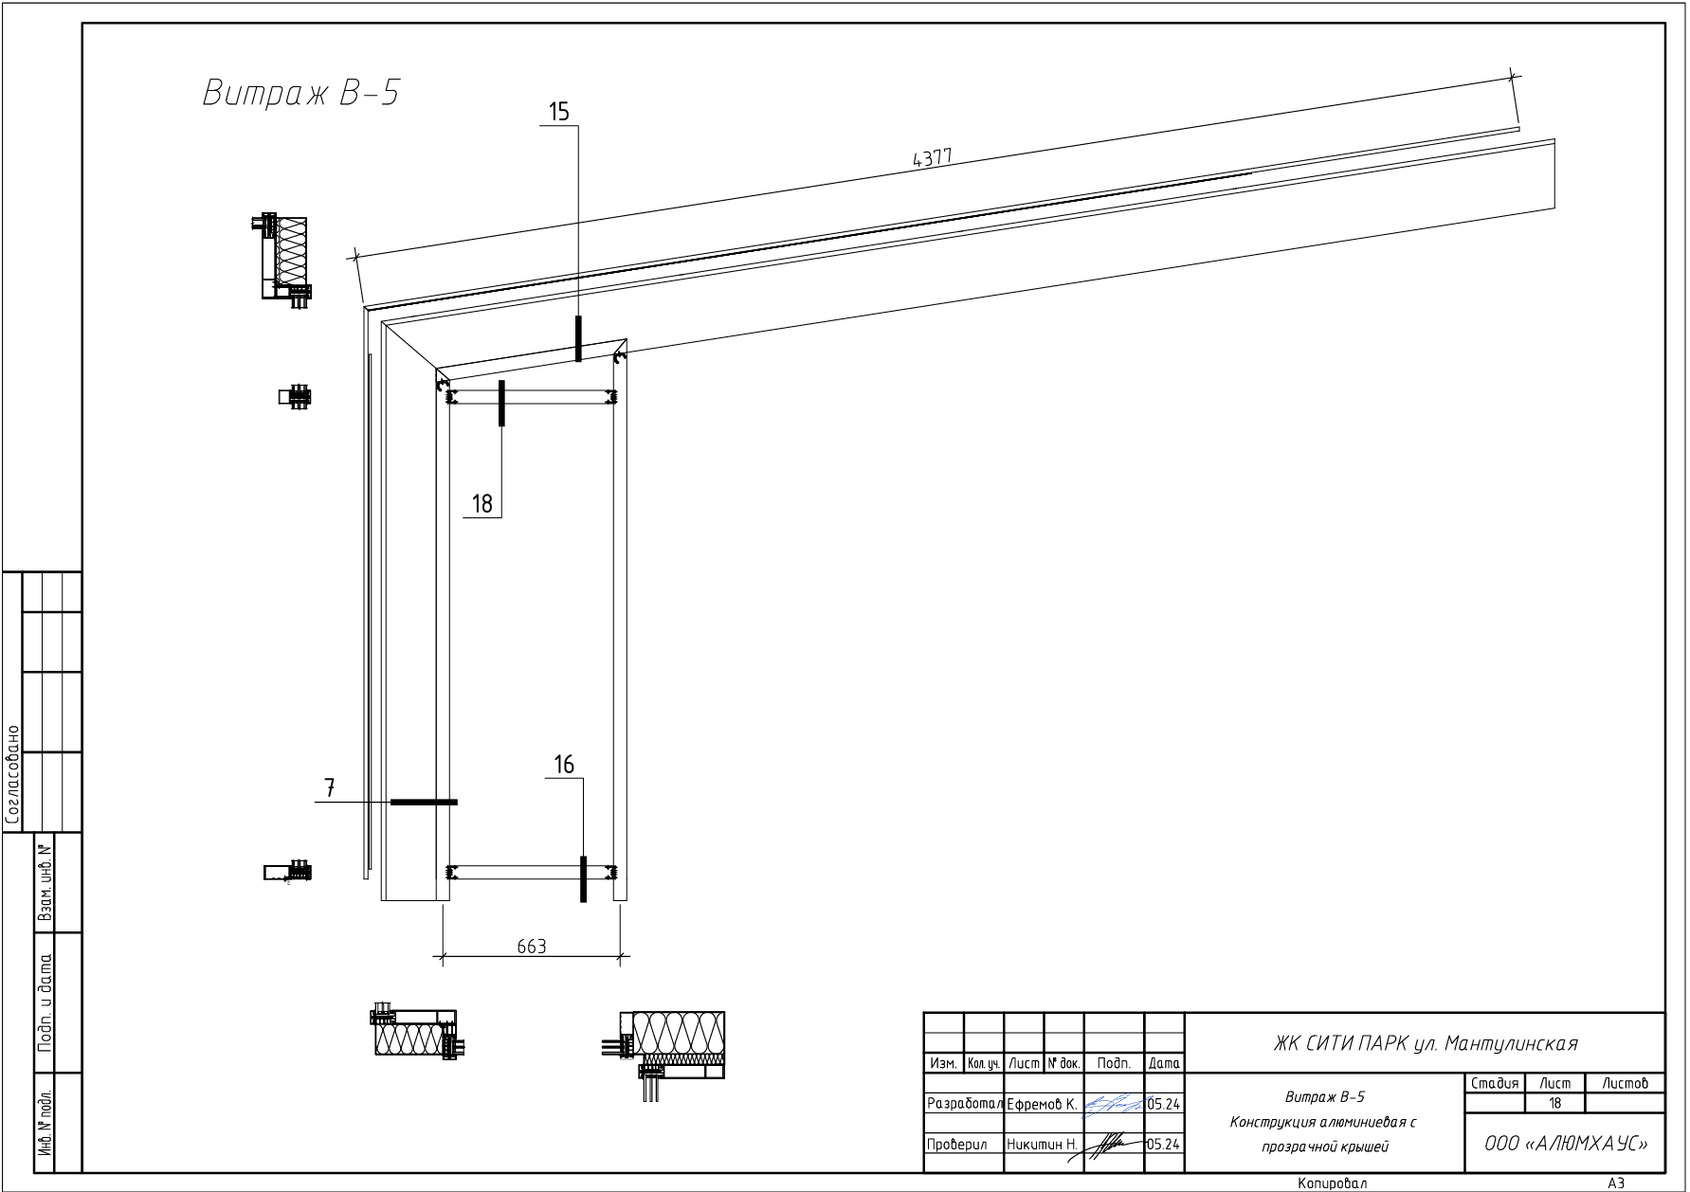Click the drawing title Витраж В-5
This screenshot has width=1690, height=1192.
click(x=300, y=94)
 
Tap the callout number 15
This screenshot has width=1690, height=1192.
click(x=559, y=113)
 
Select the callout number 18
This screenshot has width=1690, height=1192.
click(x=482, y=504)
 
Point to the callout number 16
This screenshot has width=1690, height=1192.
click(x=564, y=765)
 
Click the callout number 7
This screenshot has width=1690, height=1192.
click(x=330, y=788)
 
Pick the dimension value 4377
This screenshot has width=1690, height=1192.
click(x=932, y=158)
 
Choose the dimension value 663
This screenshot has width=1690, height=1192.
click(x=532, y=947)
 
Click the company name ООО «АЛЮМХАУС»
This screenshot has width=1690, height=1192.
click(x=1565, y=1144)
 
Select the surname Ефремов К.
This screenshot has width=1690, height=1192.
click(x=1041, y=1105)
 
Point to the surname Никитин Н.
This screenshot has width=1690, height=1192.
click(x=1042, y=1145)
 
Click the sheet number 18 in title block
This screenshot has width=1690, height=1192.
click(x=1554, y=1104)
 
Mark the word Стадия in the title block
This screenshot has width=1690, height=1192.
click(x=1495, y=1083)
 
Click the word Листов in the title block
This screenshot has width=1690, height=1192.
click(x=1625, y=1083)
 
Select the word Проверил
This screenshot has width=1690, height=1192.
click(x=956, y=1145)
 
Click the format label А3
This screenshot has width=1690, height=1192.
click(x=1616, y=1183)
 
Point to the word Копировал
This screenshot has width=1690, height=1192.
click(x=1332, y=1183)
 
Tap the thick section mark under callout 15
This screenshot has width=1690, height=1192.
click(x=578, y=338)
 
